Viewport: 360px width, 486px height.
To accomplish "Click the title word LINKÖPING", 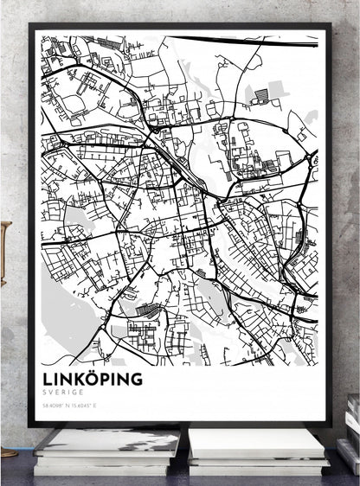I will click(92, 379).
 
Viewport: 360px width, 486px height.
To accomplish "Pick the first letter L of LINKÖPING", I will click(46, 379).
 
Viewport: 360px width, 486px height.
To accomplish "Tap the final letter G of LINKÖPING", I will click(136, 379).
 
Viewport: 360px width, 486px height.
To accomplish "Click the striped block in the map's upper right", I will click(262, 94).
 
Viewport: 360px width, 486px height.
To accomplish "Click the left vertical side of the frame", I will click(32, 225).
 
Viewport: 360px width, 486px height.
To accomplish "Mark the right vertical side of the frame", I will click(326, 225).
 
